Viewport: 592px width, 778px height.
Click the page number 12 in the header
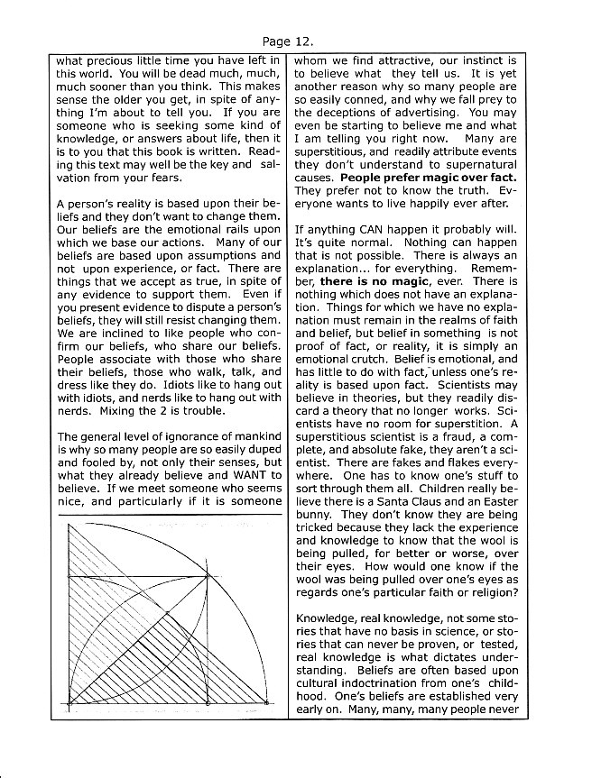pos(306,41)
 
